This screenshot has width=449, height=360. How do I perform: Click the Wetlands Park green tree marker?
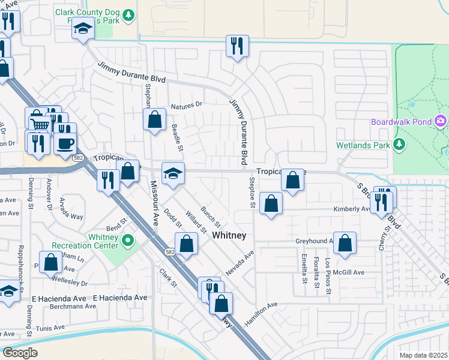coord(398,144)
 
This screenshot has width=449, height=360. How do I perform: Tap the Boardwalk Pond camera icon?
coord(441,122)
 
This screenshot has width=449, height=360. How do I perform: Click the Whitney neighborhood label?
coord(229,236)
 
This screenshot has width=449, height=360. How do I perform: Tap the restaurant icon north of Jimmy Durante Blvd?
coord(237,46)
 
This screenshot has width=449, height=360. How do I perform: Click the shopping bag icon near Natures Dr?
coord(155,119)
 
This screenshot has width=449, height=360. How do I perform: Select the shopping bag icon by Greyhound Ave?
coord(345,244)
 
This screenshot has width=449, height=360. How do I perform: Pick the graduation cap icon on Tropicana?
coord(173,173)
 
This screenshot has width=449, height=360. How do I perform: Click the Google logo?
coord(20,352)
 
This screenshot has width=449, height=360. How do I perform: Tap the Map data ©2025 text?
coord(423,355)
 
